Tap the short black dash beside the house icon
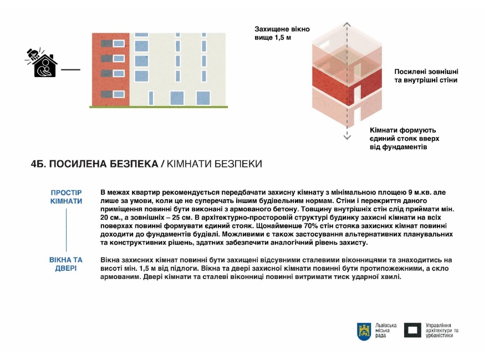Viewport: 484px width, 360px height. pos(70,70)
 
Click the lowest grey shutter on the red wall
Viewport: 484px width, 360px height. pos(119,94)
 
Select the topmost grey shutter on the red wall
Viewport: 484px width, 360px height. pos(119,44)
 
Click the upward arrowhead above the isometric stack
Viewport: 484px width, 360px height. pos(347,24)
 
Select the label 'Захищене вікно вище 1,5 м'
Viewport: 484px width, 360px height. pos(282,33)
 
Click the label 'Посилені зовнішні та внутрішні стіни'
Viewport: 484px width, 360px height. pos(426,76)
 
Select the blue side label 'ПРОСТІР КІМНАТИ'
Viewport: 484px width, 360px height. pos(66,197)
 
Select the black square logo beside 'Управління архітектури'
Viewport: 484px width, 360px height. pos(412,331)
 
